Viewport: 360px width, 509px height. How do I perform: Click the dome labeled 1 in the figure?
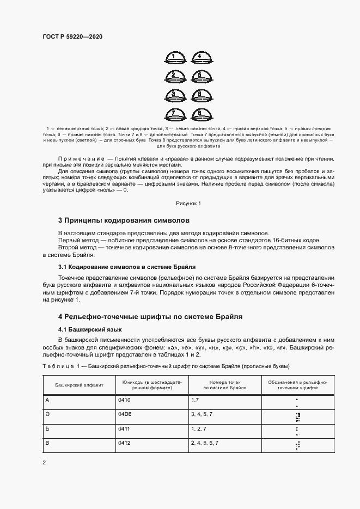pos(173,57)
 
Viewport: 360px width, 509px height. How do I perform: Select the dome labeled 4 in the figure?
pos(199,57)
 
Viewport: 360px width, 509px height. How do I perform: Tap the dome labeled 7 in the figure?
pos(173,114)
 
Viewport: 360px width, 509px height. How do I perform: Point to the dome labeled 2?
pos(173,76)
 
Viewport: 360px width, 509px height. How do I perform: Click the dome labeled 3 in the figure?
pos(173,95)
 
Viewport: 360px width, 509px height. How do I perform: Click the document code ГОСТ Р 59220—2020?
pos(72,36)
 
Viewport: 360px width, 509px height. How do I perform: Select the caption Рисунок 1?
pos(188,203)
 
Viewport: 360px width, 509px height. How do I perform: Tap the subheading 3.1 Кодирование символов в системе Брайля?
pos(127,267)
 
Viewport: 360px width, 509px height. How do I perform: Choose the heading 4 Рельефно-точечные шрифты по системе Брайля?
pos(150,316)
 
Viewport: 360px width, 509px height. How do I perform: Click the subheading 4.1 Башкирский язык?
pos(90,330)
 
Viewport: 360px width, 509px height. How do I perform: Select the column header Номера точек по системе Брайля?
pos(224,385)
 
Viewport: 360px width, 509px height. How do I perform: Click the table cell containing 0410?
pos(125,400)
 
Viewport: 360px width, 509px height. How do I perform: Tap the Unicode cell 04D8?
pos(125,415)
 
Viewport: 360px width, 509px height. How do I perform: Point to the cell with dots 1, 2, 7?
pos(199,430)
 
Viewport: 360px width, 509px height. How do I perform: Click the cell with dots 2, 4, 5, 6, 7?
pos(205,444)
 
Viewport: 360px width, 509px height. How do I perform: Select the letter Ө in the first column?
pos(47,415)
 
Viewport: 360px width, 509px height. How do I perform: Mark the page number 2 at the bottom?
pos(44,463)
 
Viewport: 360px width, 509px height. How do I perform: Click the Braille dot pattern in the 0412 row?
pos(297,445)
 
